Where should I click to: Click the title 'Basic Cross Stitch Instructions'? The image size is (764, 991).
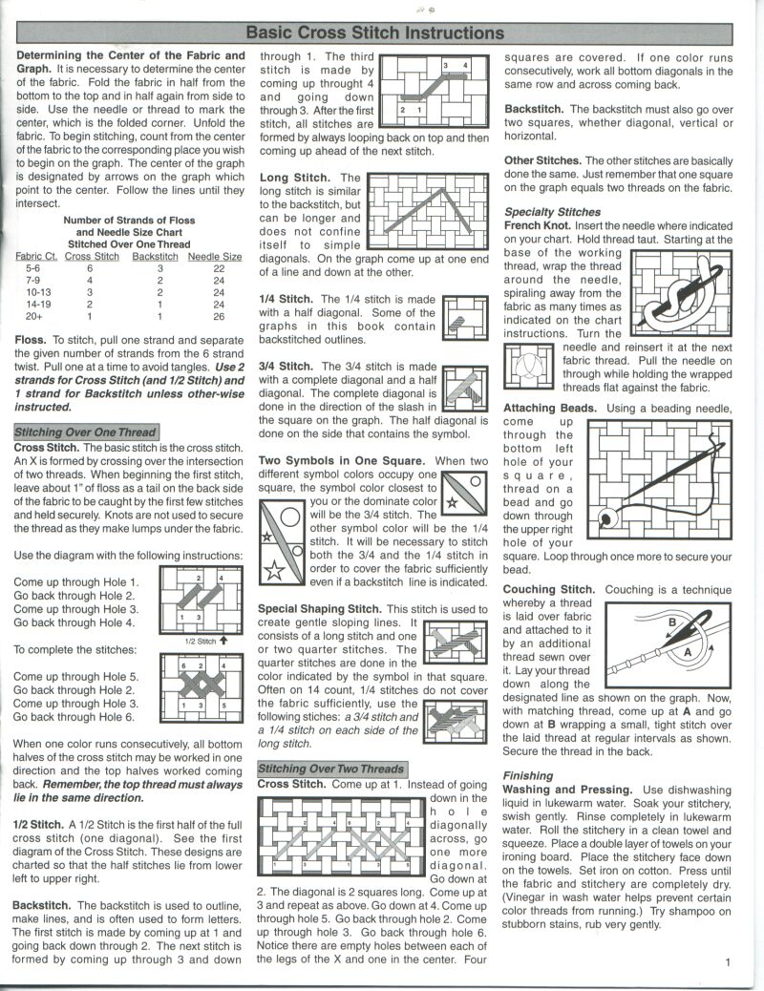click(x=375, y=32)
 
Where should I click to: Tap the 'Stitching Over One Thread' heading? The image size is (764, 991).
click(x=85, y=432)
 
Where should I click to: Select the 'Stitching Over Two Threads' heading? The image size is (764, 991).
click(x=331, y=769)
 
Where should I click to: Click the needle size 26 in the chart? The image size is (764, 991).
click(x=219, y=316)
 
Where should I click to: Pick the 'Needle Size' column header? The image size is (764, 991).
click(x=214, y=256)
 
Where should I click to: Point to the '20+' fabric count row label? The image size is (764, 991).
click(x=34, y=316)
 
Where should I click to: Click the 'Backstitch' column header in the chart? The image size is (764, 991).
click(x=155, y=256)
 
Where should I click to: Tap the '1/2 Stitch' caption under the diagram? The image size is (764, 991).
click(x=201, y=642)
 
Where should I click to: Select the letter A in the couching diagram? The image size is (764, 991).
click(x=684, y=651)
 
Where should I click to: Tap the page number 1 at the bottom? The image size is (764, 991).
click(x=727, y=962)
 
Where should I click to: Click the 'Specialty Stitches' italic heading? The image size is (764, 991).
click(x=553, y=212)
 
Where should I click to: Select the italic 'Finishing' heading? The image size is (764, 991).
click(x=527, y=776)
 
